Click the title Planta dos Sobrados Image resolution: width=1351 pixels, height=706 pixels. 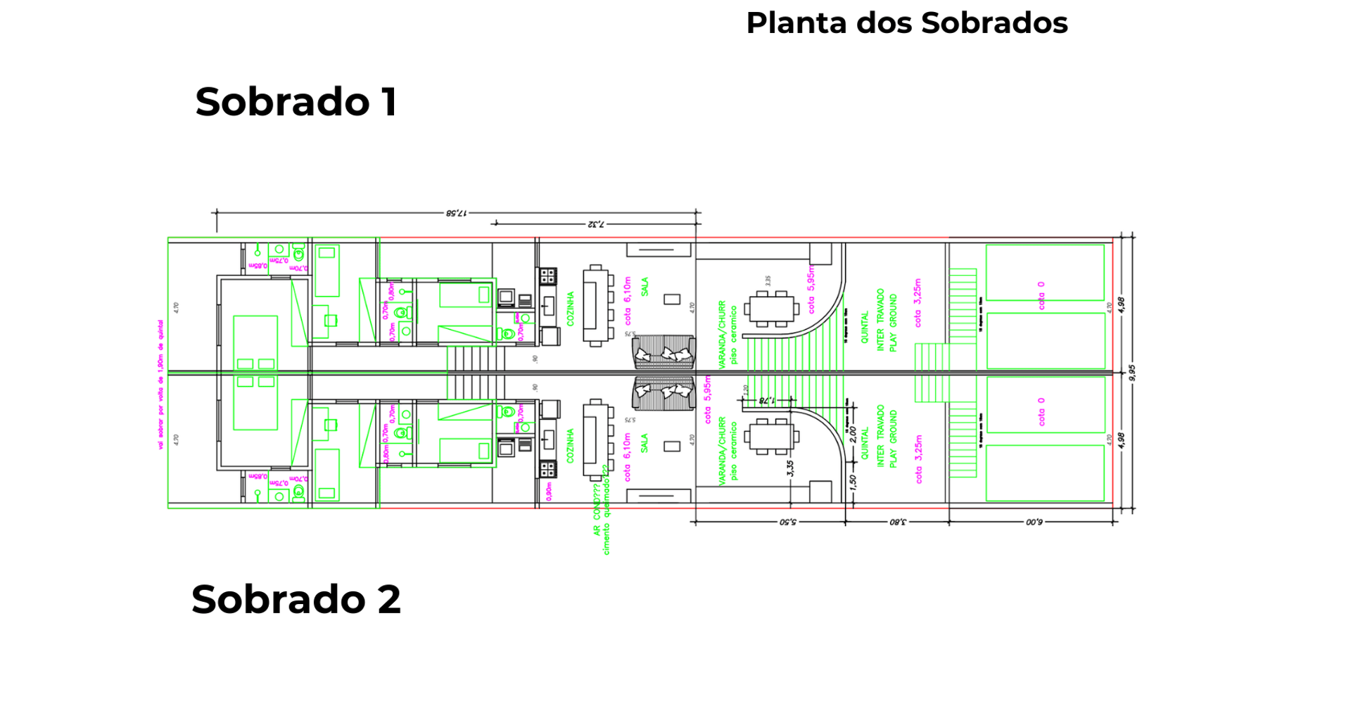(906, 23)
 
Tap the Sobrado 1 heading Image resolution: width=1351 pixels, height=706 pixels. (296, 102)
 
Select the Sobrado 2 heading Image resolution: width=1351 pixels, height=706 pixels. (296, 599)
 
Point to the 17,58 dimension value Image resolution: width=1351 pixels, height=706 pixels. (456, 212)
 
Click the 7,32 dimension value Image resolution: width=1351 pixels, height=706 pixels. (595, 224)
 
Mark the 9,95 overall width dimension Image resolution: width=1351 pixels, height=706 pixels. (1132, 372)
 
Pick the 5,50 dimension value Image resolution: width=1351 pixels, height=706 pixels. (788, 522)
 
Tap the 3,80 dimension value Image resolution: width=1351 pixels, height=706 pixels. (898, 522)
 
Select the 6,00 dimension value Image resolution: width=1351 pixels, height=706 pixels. (1034, 522)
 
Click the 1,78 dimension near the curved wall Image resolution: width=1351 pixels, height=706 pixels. (766, 400)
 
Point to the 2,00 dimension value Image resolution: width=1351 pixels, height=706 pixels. (853, 435)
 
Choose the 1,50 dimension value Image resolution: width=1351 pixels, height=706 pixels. (853, 482)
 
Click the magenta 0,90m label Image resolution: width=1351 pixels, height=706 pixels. (549, 490)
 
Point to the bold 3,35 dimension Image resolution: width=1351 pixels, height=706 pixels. (790, 468)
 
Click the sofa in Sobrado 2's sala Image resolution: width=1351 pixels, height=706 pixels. (663, 393)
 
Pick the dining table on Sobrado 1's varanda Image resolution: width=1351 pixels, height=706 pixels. (772, 309)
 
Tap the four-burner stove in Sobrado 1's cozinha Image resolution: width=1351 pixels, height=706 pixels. (548, 276)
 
